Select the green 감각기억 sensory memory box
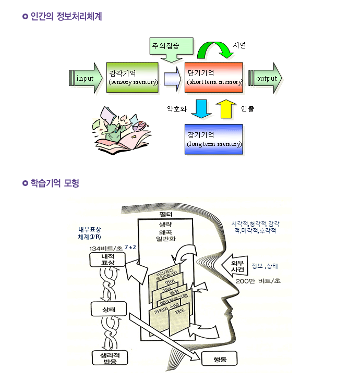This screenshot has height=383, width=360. (132, 77)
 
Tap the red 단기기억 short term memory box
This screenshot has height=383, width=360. (214, 77)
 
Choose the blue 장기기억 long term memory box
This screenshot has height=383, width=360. (214, 139)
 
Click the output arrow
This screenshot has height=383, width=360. (266, 78)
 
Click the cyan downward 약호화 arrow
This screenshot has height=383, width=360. (200, 108)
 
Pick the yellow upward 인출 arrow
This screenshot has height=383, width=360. (226, 108)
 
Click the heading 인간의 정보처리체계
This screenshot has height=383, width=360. (66, 17)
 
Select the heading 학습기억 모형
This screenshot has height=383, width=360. (55, 183)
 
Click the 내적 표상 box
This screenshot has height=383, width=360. (108, 259)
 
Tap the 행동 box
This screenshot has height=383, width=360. (219, 359)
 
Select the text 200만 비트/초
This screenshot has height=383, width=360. (258, 281)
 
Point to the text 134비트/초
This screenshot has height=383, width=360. (105, 248)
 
